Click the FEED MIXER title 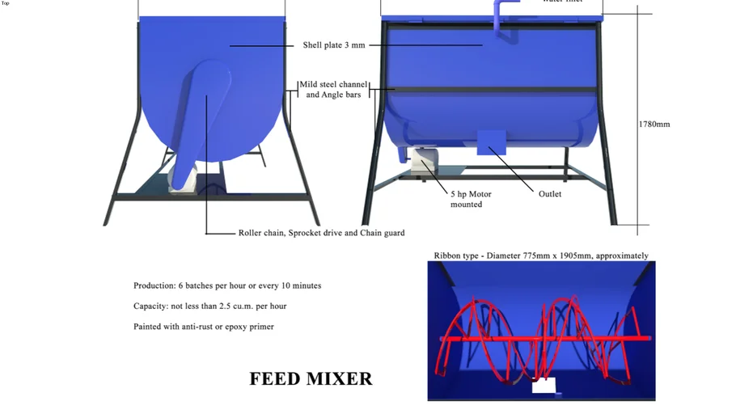pyautogui.click(x=311, y=378)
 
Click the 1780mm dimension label pyautogui.click(x=654, y=125)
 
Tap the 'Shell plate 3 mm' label pyautogui.click(x=334, y=45)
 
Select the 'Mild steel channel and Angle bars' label pyautogui.click(x=333, y=90)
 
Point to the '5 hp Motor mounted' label pyautogui.click(x=471, y=199)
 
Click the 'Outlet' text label pyautogui.click(x=550, y=194)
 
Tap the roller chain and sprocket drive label pyautogui.click(x=321, y=233)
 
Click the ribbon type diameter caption pyautogui.click(x=541, y=256)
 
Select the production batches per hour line pyautogui.click(x=227, y=285)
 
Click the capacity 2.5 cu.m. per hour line pyautogui.click(x=210, y=306)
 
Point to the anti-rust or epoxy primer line pyautogui.click(x=204, y=327)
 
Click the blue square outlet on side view pyautogui.click(x=491, y=142)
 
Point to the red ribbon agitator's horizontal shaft pyautogui.click(x=544, y=337)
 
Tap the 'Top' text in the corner pyautogui.click(x=6, y=3)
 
